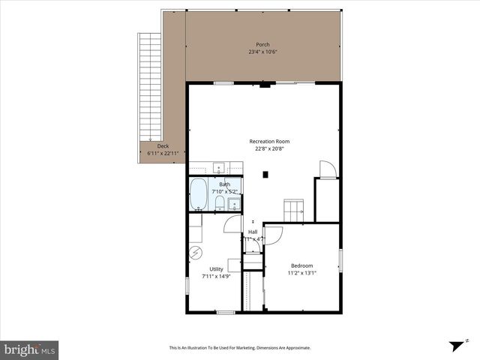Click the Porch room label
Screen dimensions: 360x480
tap(262, 44)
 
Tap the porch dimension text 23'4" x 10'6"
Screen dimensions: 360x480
tap(262, 52)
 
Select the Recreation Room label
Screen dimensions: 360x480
tap(270, 141)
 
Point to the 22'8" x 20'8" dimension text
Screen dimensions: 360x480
tap(270, 148)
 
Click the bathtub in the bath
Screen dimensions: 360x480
tap(199, 195)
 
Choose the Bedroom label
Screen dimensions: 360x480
tap(301, 265)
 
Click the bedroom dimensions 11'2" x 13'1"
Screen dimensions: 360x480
tap(301, 273)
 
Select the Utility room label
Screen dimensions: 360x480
tap(216, 268)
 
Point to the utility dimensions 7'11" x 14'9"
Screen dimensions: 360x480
tap(216, 276)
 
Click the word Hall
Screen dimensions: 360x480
tap(253, 232)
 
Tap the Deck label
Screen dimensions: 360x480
tap(163, 146)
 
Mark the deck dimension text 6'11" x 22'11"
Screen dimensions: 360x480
tap(163, 154)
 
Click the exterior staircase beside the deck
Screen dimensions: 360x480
tap(151, 86)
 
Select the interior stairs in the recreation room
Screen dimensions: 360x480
tap(293, 211)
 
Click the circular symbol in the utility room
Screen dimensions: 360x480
tap(196, 252)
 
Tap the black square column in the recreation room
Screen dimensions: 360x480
tap(265, 175)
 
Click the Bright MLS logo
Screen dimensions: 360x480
tap(30, 349)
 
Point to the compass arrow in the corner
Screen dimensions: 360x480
tap(454, 346)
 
